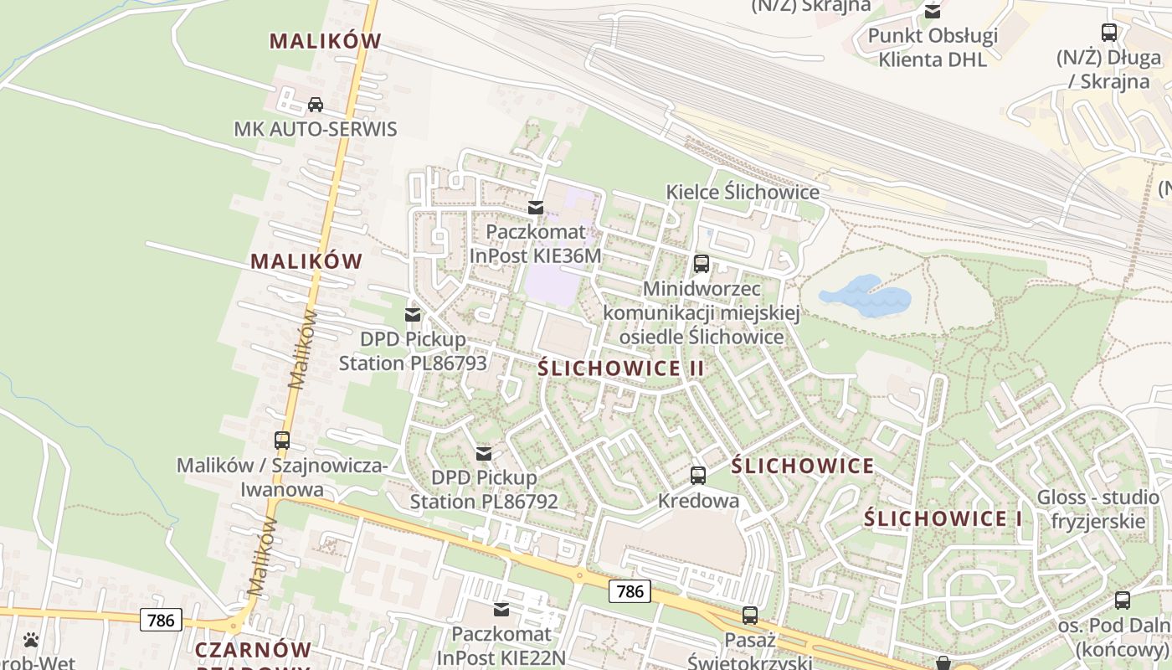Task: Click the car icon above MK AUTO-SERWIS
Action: tap(316, 105)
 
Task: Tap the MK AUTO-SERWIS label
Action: tap(315, 130)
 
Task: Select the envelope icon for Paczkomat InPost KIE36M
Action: tap(536, 207)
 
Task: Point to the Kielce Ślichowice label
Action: tap(743, 192)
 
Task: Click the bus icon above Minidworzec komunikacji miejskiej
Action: tap(702, 264)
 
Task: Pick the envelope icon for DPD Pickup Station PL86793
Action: tap(413, 315)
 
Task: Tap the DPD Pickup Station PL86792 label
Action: tap(484, 489)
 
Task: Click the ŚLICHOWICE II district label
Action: tap(621, 368)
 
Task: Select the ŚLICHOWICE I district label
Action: tap(943, 518)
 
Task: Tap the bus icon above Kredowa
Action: tap(698, 476)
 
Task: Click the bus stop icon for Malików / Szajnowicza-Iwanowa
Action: tap(282, 440)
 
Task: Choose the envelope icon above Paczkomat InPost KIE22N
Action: tap(501, 610)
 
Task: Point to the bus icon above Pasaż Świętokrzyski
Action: tap(750, 616)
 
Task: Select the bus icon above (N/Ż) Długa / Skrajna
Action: tap(1109, 33)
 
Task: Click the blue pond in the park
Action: tap(866, 298)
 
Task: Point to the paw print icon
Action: tap(31, 640)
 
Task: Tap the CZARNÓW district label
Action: tap(253, 650)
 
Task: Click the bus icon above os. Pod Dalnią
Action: tap(1123, 600)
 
